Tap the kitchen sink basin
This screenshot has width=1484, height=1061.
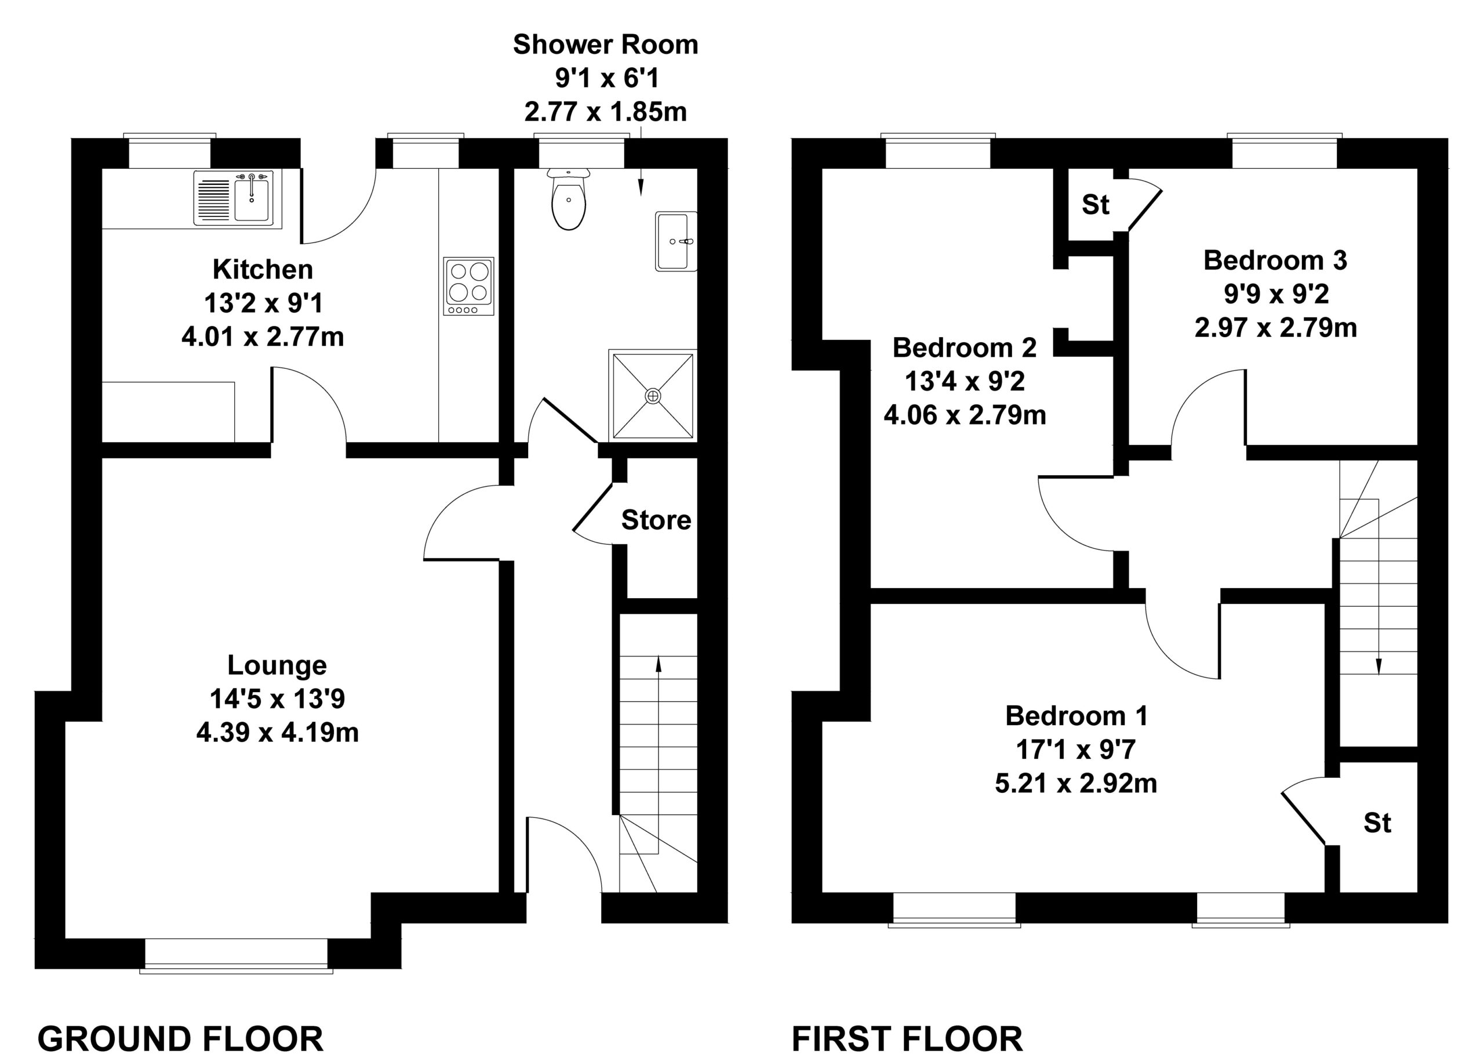252,197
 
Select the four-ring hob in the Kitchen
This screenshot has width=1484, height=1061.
468,286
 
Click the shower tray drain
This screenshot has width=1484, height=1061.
653,396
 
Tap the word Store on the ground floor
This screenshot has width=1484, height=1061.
656,520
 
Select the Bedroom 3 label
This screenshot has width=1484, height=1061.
1275,260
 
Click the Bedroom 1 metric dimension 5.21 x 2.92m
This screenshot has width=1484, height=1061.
1076,783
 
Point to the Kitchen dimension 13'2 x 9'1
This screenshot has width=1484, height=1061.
263,303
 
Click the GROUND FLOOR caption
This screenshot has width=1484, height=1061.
180,1039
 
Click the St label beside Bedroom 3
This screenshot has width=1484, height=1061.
1096,205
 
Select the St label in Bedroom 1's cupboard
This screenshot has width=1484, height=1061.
1377,823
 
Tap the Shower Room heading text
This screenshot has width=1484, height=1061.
605,45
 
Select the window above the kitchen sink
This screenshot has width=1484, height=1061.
170,151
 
